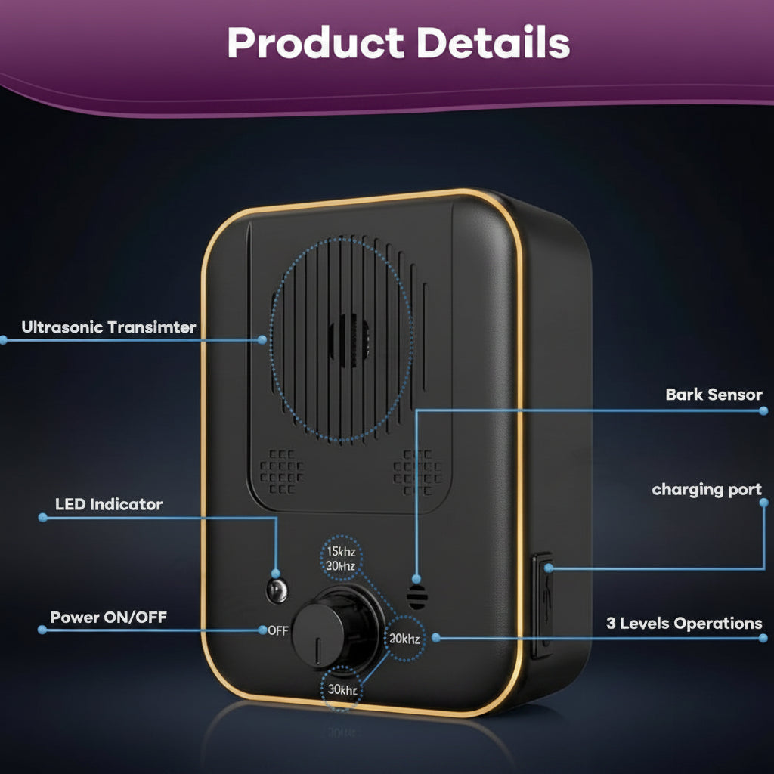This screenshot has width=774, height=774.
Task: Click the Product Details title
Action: [x=398, y=42]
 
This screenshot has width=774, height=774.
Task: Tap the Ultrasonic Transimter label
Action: [x=109, y=327]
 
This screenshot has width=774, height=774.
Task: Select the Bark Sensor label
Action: [x=714, y=395]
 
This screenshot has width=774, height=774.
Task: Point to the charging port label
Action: [x=707, y=489]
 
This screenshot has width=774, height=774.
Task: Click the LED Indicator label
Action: [x=109, y=504]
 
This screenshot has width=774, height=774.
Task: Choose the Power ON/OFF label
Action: [x=109, y=617]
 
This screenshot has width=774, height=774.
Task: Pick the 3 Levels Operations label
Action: [x=684, y=623]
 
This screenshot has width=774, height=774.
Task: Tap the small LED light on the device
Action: [x=277, y=590]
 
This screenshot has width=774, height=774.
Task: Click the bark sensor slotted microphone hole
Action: [x=417, y=596]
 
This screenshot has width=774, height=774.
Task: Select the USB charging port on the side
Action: [x=542, y=605]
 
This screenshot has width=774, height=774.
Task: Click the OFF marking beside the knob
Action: [x=278, y=630]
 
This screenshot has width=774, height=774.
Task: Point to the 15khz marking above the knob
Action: [x=341, y=551]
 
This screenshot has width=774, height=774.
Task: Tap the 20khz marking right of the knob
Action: [x=404, y=639]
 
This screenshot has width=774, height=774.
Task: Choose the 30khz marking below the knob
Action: [x=342, y=689]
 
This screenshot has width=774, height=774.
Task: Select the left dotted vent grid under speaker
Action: [x=282, y=472]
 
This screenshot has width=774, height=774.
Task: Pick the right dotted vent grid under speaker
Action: [x=417, y=472]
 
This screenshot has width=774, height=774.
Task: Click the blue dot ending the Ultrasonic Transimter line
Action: [x=262, y=339]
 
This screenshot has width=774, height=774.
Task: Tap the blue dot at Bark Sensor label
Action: [x=763, y=410]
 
